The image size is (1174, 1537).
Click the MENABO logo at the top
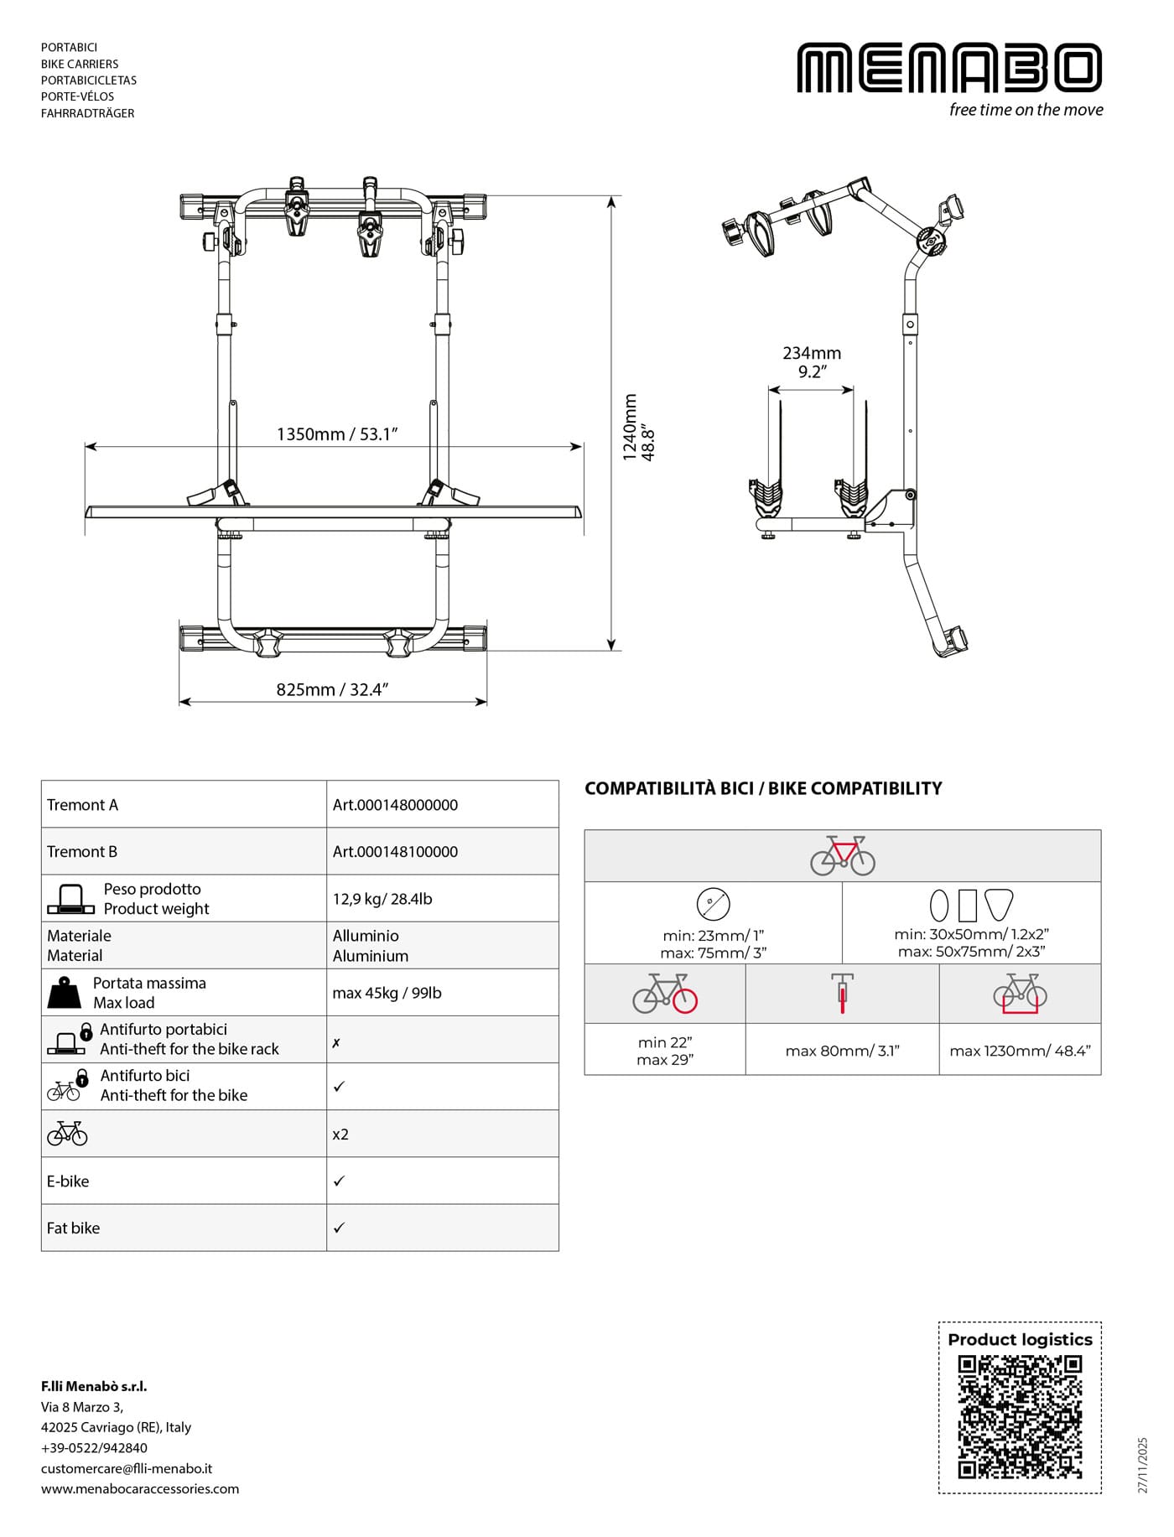(949, 68)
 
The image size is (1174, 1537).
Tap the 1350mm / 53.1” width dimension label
(337, 434)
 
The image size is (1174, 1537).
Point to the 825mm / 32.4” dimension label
(332, 690)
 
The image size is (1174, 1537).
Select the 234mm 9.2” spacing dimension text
(812, 362)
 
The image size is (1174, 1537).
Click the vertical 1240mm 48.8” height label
(639, 428)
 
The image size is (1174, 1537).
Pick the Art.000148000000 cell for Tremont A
(395, 805)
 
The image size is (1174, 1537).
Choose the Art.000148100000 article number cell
(395, 852)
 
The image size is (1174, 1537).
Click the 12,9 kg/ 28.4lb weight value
(382, 899)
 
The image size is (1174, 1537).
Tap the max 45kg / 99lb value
(387, 993)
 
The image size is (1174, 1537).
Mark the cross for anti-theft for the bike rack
(336, 1043)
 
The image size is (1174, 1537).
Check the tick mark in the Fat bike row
(339, 1228)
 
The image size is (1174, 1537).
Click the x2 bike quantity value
(340, 1135)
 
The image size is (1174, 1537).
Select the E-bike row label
(68, 1181)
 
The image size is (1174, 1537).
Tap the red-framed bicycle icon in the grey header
(842, 855)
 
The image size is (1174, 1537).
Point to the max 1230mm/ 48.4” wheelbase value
(1020, 1051)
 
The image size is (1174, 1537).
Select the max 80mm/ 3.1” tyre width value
(842, 1051)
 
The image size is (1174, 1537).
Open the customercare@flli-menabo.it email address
(127, 1468)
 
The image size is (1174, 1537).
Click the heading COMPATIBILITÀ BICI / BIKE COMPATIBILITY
(763, 788)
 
